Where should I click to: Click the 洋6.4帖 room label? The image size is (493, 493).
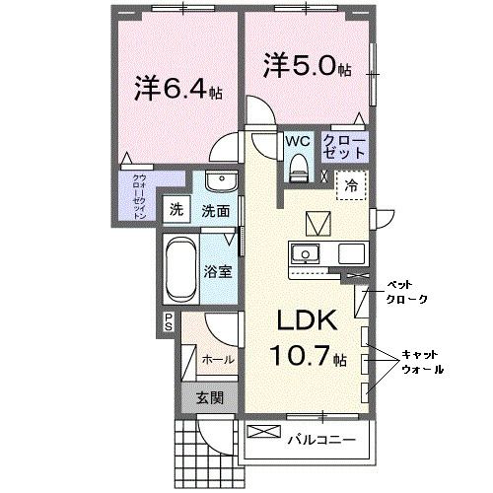click(177, 88)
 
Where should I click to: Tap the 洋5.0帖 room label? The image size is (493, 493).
click(305, 66)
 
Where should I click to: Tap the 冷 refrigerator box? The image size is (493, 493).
click(352, 182)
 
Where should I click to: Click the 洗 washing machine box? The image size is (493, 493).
click(176, 209)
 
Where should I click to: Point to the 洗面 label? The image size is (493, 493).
click(216, 210)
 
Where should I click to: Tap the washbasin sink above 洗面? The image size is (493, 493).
click(217, 184)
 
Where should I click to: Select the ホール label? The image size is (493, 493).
click(218, 360)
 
